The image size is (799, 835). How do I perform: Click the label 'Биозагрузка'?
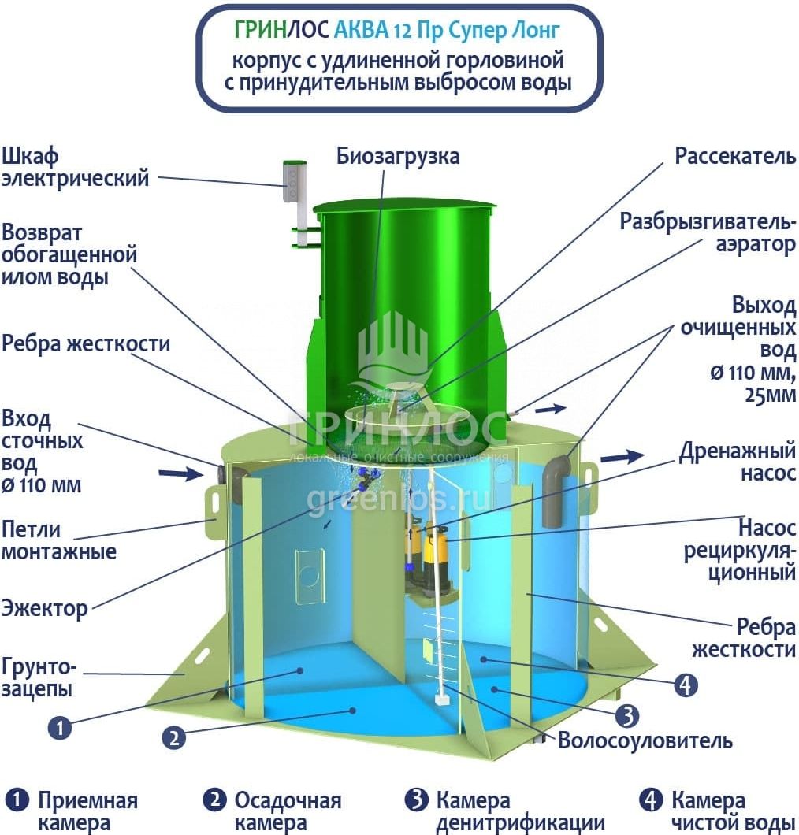coord(398,156)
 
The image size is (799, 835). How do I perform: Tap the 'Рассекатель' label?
coord(735,156)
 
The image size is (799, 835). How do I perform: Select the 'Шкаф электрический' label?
coord(75,167)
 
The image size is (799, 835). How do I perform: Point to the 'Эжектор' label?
coord(44,607)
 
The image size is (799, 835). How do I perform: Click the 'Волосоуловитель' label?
coord(645,740)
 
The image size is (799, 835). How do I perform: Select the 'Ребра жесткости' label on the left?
coord(86,344)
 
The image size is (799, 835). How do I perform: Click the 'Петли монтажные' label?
coord(58,540)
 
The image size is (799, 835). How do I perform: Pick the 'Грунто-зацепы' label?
coord(39,679)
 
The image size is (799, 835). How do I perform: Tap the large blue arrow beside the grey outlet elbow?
coord(622,456)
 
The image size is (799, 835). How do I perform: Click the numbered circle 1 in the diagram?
coord(60,726)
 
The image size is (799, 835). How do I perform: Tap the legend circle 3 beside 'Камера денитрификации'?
coord(416,801)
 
